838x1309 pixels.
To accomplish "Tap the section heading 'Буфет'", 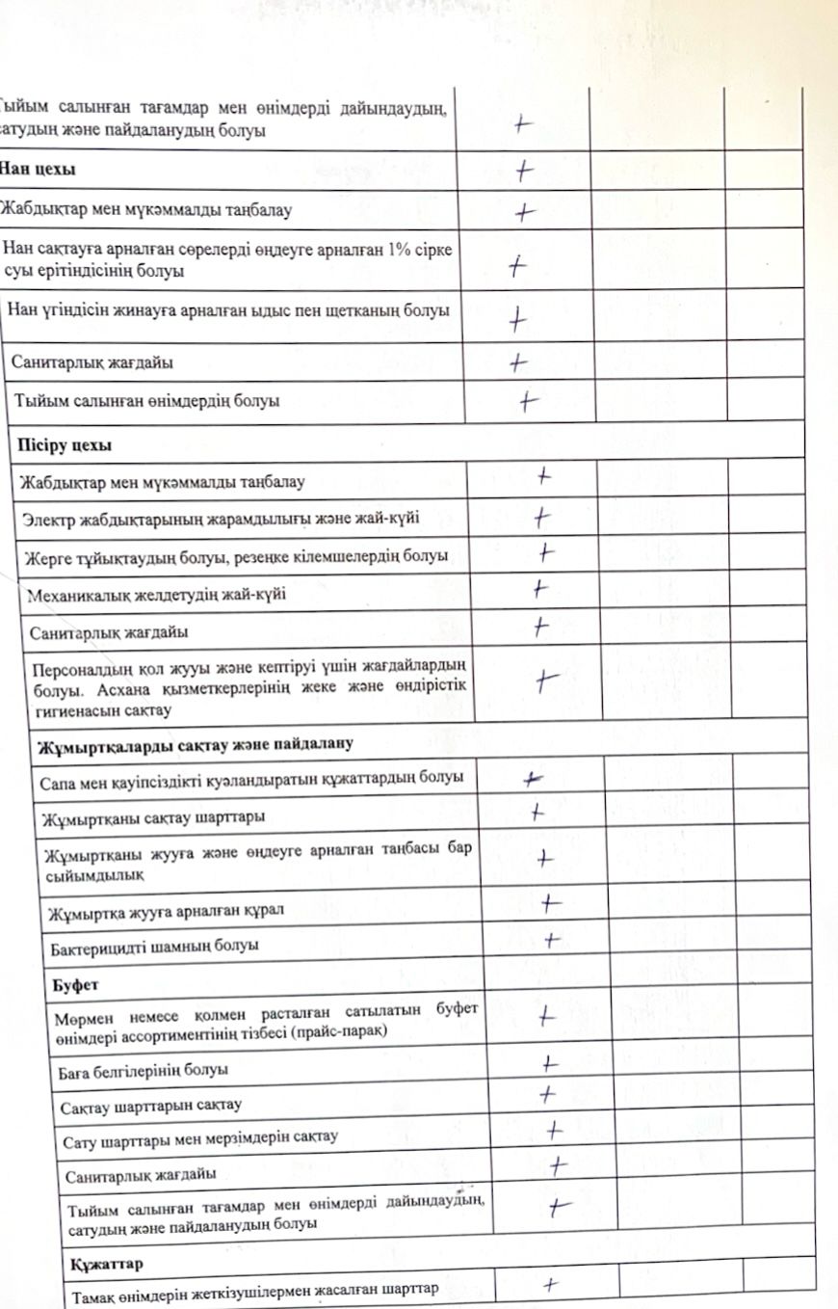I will point(72,987).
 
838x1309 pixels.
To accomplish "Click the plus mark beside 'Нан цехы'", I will point(524,170).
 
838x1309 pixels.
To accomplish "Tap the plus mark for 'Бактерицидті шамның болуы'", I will point(552,939).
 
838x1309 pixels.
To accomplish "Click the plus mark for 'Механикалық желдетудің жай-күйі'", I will point(540,586).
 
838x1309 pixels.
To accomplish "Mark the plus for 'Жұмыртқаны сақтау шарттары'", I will point(537,813).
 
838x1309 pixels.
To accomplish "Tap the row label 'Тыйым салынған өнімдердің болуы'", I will point(146,401).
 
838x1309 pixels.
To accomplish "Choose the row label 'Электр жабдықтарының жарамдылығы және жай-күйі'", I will point(221,519).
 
